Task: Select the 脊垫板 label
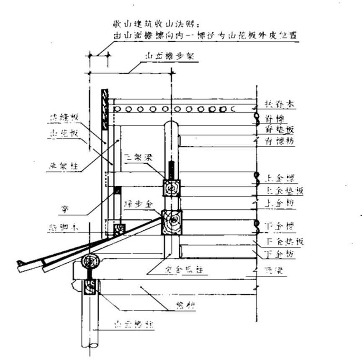(x=280, y=130)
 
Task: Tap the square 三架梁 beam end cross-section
(x=172, y=188)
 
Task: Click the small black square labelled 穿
(x=118, y=191)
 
